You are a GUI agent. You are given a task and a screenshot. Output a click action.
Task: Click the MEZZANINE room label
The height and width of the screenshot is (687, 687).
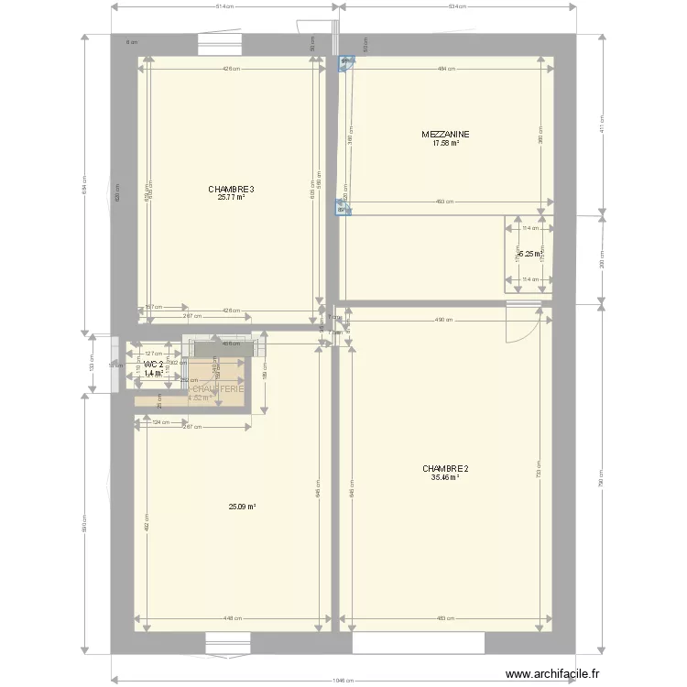[x=446, y=134]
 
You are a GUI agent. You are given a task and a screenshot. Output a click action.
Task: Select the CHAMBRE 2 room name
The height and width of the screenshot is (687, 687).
[x=445, y=468]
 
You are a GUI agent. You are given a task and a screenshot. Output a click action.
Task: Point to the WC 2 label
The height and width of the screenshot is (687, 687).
[x=153, y=365]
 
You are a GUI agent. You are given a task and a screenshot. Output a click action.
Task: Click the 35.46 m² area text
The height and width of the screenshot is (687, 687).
[x=445, y=476]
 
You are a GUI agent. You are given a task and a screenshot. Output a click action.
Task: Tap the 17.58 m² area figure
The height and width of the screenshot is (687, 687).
[x=446, y=142]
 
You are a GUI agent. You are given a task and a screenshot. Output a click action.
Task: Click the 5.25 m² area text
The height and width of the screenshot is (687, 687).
[x=530, y=255]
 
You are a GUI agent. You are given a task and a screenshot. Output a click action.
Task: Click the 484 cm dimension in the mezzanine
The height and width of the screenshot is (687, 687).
[x=445, y=69]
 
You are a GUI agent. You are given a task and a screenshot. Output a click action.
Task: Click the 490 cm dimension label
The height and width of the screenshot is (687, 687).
[x=444, y=320]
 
